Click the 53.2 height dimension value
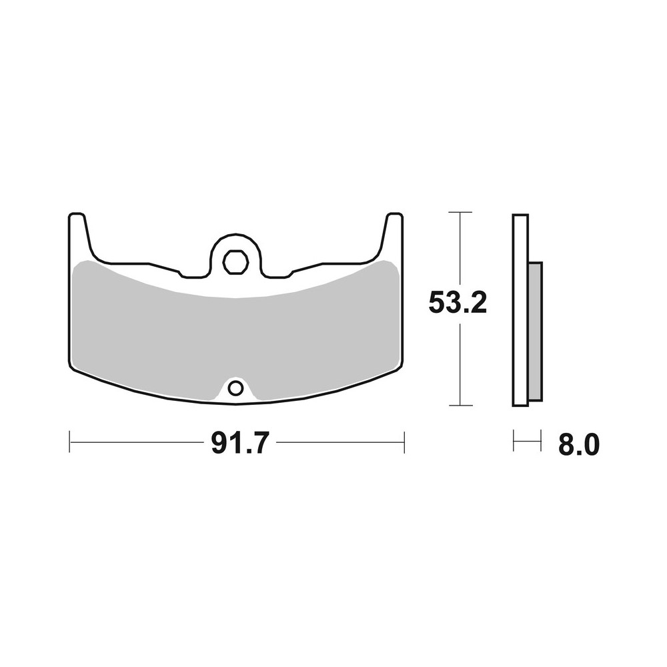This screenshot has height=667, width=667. [x=458, y=303]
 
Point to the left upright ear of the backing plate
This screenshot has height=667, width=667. [x=78, y=233]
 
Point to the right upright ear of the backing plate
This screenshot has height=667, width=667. [x=393, y=233]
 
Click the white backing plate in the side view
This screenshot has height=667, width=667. [x=520, y=310]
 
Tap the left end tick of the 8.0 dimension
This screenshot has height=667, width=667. [x=514, y=440]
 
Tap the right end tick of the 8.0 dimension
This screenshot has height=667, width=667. [x=539, y=440]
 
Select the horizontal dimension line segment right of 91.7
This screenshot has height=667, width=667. [x=340, y=442]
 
